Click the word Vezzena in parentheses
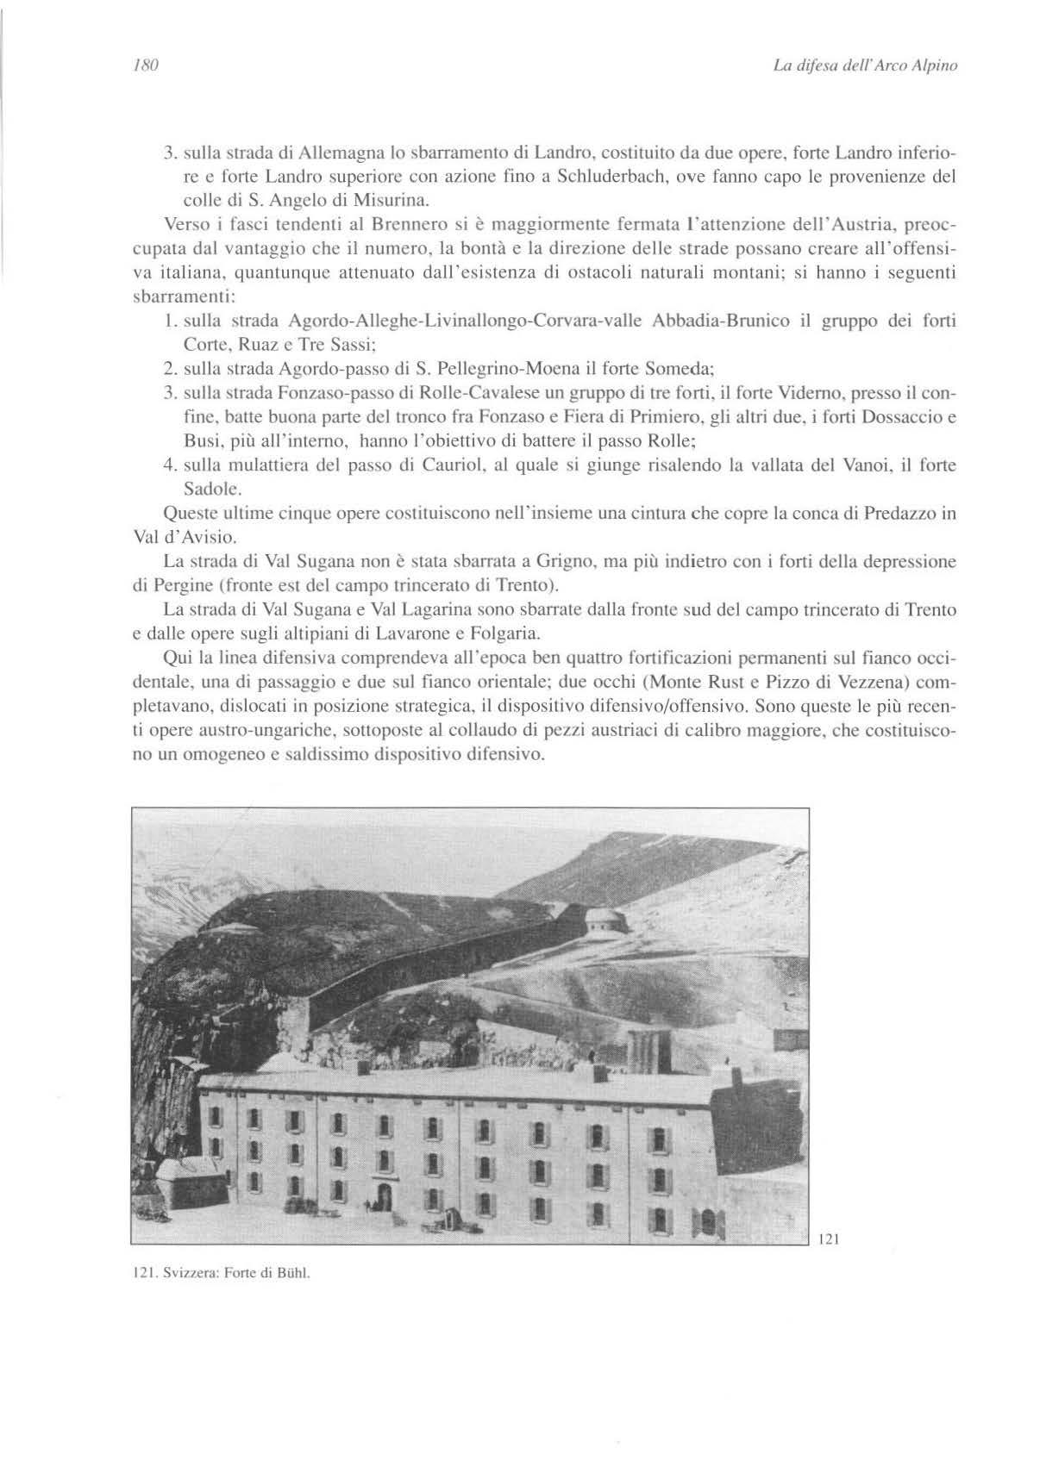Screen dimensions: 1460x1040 (x=862, y=683)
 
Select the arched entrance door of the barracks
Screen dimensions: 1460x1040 (x=384, y=1194)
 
